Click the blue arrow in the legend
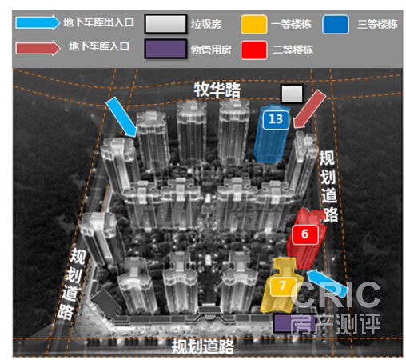coord(38,22)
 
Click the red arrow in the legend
coord(38,48)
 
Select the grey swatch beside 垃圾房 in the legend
coord(165,24)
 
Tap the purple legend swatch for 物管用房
coord(165,49)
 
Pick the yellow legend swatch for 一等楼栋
coord(253,24)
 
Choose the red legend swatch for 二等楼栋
coord(253,50)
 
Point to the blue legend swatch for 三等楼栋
coord(336,24)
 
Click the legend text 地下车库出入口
coord(98,22)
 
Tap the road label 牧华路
coord(217,90)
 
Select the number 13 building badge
coord(276,119)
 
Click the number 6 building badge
coord(305,234)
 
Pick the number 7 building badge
coord(283,286)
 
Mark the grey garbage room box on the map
coord(292,94)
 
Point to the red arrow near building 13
coord(309,110)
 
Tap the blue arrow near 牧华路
coord(122,118)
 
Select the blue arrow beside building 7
coord(327,283)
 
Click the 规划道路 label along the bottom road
coord(202,346)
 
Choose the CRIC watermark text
coord(336,294)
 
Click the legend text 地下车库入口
coord(99,46)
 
